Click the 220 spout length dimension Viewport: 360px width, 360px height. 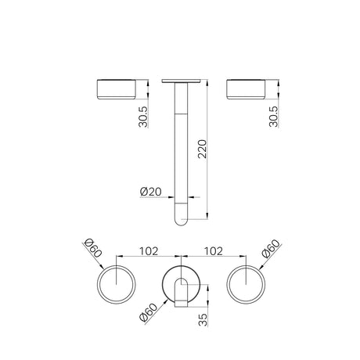point(203,149)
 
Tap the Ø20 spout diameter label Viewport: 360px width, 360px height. point(151,192)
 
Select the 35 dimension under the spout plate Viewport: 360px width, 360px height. point(203,319)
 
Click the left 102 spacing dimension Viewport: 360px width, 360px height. point(149,251)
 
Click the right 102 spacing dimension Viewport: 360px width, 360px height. point(214,251)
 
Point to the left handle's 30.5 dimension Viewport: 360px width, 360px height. point(143,117)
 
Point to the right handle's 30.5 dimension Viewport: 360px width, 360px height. point(274,117)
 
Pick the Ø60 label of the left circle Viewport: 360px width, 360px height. point(93,248)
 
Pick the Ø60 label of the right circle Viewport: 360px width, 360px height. point(272,249)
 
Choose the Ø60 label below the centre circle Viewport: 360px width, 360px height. point(149,312)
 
